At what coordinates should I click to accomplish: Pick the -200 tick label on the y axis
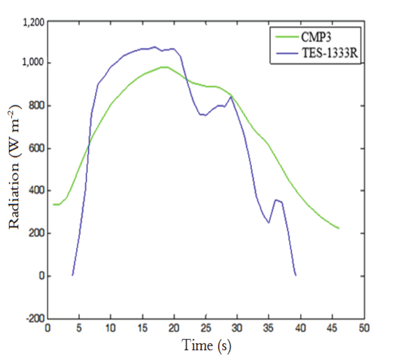click(35, 318)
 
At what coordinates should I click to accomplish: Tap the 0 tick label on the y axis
click(41, 276)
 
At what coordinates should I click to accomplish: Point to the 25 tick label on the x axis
click(206, 328)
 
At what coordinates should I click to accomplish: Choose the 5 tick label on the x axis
click(79, 328)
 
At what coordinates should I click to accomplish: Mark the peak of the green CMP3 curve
click(164, 67)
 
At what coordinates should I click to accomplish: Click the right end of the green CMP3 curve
click(339, 228)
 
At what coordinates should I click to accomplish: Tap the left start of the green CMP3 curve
click(54, 204)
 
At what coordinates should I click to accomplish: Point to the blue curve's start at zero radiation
click(73, 275)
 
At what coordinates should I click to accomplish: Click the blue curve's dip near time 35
click(268, 222)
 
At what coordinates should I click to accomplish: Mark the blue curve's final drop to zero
click(296, 275)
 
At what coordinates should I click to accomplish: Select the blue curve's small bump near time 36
click(276, 200)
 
